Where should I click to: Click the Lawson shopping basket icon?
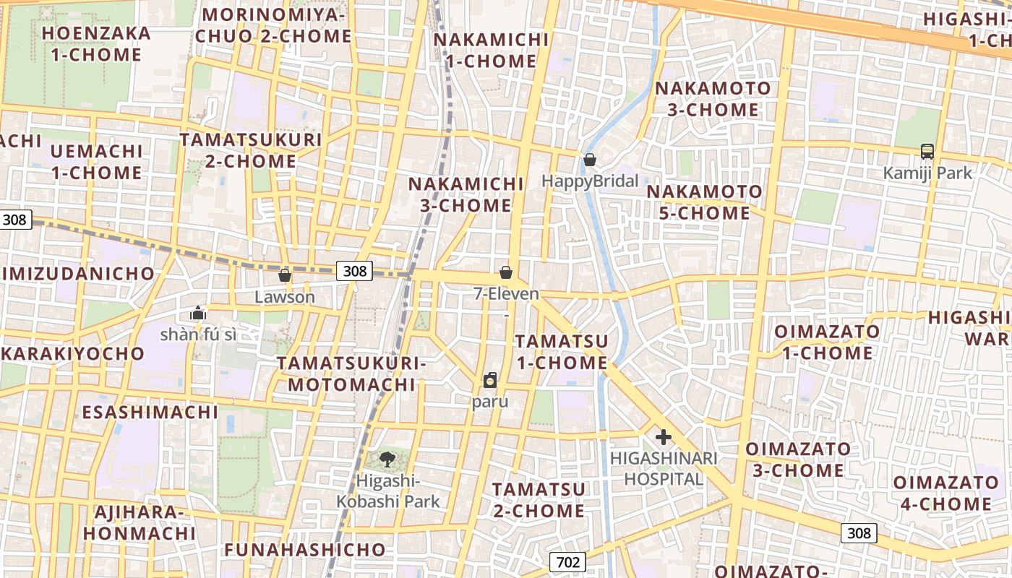(x=285, y=275)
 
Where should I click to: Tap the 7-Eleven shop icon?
(x=506, y=272)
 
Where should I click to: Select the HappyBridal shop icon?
(x=590, y=160)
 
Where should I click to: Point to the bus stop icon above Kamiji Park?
(x=927, y=152)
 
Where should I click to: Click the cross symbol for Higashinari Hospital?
(x=663, y=436)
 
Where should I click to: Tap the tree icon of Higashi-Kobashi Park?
(x=387, y=458)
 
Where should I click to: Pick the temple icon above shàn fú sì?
(x=198, y=313)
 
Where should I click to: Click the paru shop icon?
(x=490, y=380)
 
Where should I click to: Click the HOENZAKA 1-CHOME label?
(x=96, y=44)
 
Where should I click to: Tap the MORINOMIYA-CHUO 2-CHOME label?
(x=278, y=25)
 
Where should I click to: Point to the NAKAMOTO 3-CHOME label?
(x=712, y=99)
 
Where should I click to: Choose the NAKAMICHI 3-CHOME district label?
(x=466, y=194)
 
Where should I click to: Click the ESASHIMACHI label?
(x=150, y=412)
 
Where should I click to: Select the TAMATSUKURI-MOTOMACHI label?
(x=351, y=374)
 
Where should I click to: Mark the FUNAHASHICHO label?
(x=305, y=550)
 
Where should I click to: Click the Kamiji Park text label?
(x=927, y=173)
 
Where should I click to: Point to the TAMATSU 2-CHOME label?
(x=539, y=500)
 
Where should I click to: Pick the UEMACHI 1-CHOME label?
(x=97, y=162)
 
